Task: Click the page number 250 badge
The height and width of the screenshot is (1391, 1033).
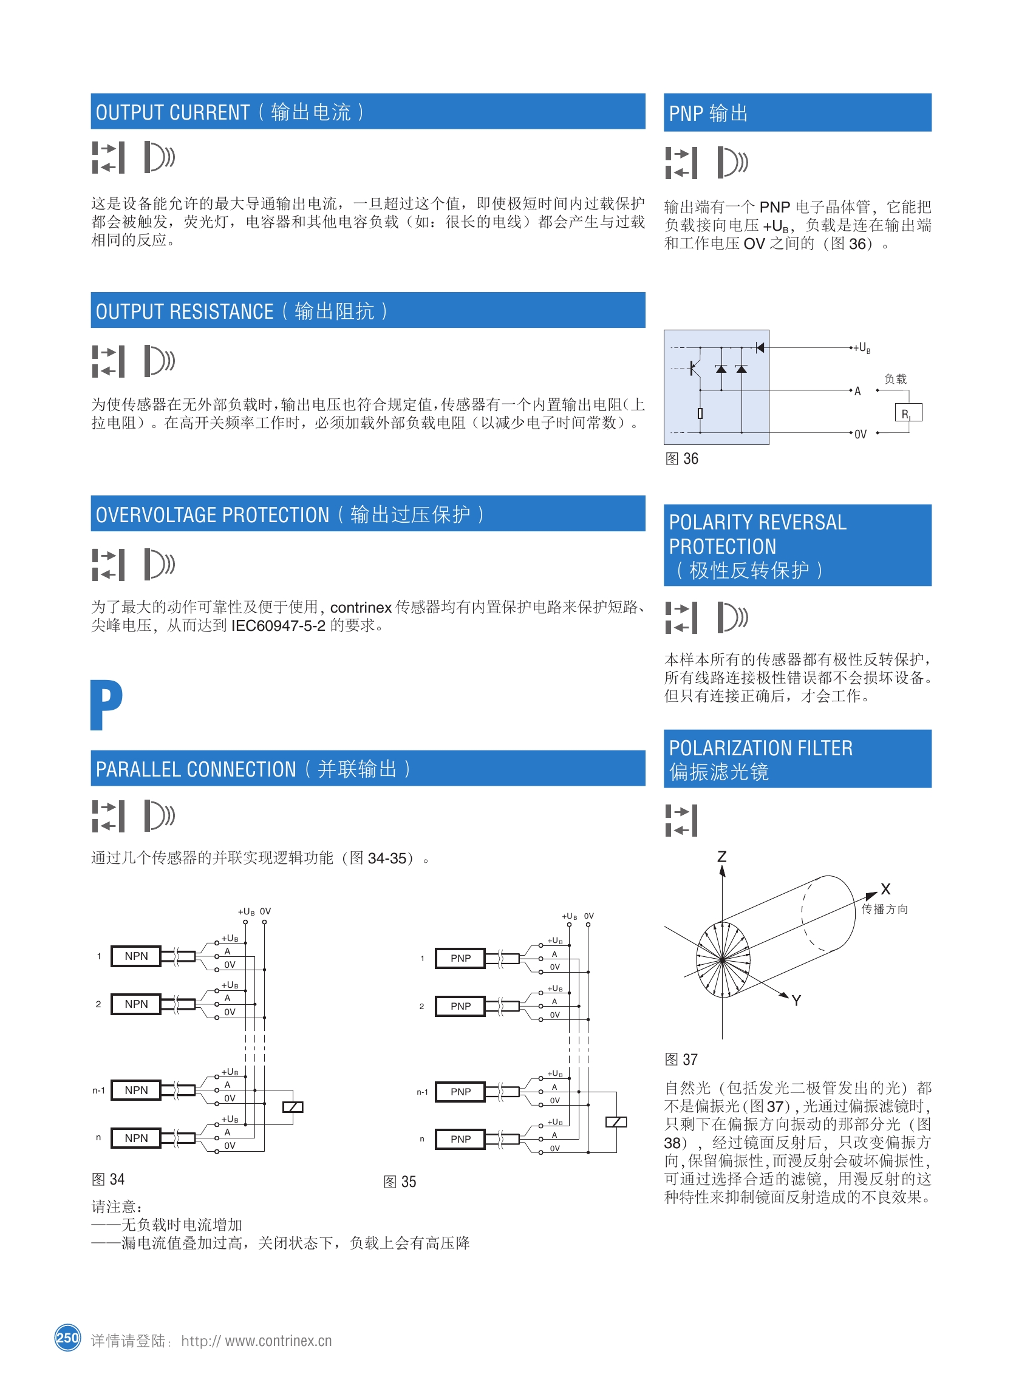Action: pyautogui.click(x=67, y=1338)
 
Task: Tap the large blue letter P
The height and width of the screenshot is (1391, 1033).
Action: pyautogui.click(x=106, y=704)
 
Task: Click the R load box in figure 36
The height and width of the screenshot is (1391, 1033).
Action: pyautogui.click(x=908, y=413)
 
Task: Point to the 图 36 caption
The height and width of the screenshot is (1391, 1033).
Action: pyautogui.click(x=681, y=459)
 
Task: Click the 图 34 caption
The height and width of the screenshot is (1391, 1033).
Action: pyautogui.click(x=108, y=1180)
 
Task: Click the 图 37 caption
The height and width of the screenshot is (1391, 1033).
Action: pyautogui.click(x=681, y=1059)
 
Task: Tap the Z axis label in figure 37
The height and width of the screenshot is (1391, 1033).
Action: pyautogui.click(x=721, y=857)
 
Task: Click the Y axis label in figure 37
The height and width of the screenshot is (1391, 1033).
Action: pyautogui.click(x=796, y=1001)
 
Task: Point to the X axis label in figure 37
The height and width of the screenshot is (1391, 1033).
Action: pyautogui.click(x=885, y=889)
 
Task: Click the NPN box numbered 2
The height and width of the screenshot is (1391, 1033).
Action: pyautogui.click(x=135, y=1004)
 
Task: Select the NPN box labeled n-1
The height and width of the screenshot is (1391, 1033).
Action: pyautogui.click(x=135, y=1090)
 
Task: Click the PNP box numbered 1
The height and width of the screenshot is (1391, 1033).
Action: pyautogui.click(x=460, y=958)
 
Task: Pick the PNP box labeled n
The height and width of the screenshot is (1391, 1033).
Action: pyautogui.click(x=460, y=1139)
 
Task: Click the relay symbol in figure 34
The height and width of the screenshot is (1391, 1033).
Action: pyautogui.click(x=293, y=1107)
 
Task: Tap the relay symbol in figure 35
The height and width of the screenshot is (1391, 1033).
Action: pyautogui.click(x=616, y=1122)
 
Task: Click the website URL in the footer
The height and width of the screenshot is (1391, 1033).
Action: pyautogui.click(x=256, y=1341)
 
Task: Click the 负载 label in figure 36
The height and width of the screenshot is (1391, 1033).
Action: pyautogui.click(x=895, y=379)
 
